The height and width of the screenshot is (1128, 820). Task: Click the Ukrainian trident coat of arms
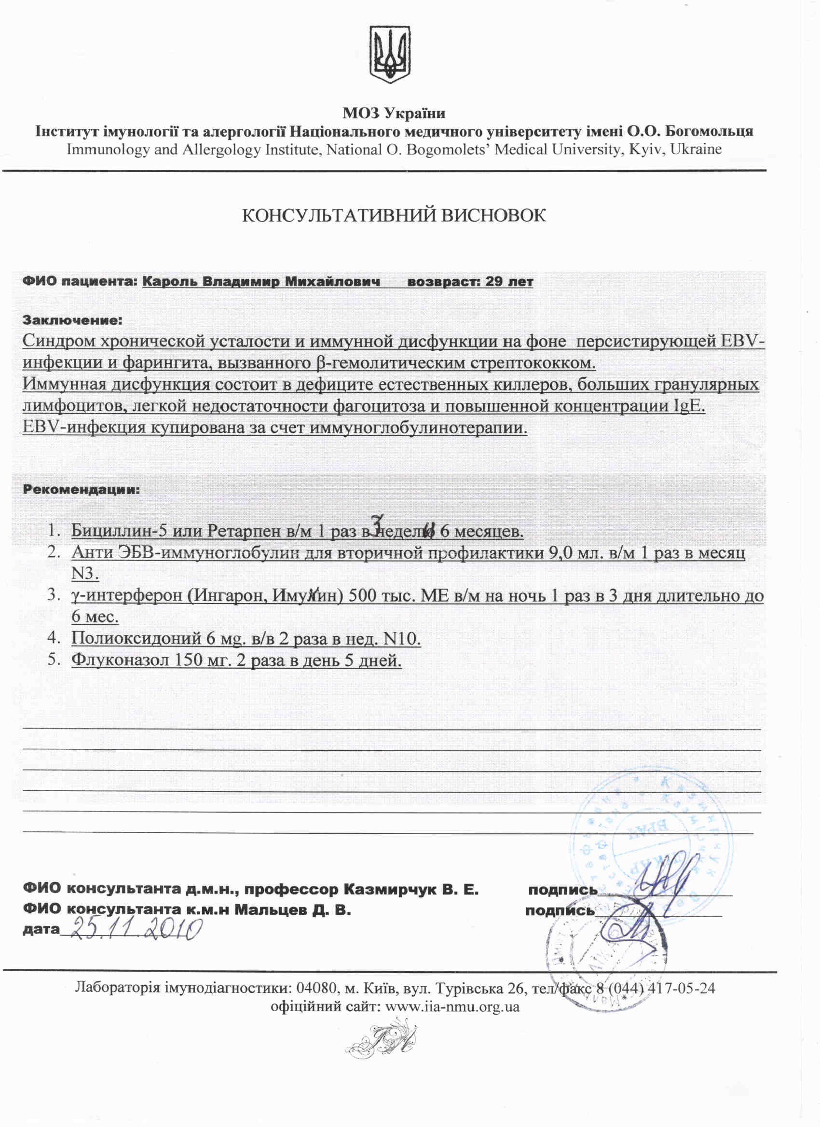point(390,54)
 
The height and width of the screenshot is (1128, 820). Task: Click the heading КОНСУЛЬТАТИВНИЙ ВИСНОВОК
point(394,215)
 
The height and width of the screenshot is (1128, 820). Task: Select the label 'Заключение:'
point(72,321)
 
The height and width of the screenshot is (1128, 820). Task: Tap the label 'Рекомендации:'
point(81,490)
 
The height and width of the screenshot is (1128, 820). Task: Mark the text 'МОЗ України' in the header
point(394,113)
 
